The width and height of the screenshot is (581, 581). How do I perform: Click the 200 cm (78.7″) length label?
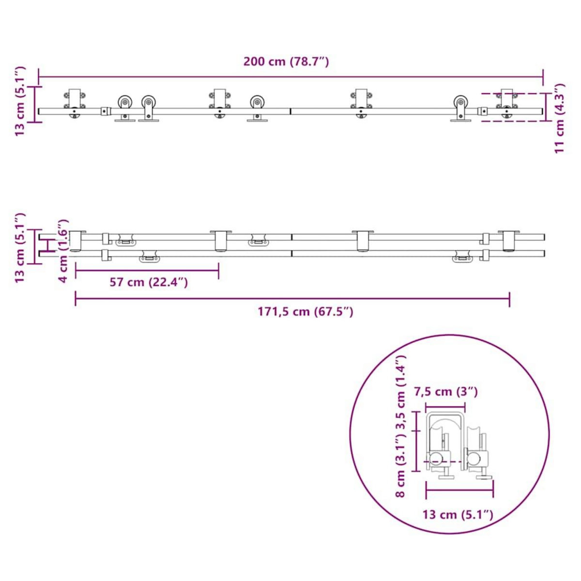[286, 61]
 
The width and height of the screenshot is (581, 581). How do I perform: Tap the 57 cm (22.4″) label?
[148, 282]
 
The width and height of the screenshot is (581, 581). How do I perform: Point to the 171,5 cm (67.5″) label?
[305, 311]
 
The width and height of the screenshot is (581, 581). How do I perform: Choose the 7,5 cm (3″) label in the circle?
[445, 391]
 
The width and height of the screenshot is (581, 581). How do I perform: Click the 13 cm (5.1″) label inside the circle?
[458, 514]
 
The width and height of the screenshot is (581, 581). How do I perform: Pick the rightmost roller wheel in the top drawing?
[460, 104]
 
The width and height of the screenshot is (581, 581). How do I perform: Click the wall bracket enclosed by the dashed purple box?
[506, 104]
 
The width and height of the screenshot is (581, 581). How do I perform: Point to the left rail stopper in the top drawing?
[104, 111]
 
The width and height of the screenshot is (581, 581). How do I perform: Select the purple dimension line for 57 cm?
[147, 271]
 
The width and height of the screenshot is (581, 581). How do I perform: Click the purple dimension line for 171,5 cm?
[292, 299]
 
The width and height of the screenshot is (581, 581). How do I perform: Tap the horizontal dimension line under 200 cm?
[290, 76]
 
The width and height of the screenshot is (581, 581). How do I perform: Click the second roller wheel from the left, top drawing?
[149, 104]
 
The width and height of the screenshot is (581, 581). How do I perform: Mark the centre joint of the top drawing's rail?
[290, 111]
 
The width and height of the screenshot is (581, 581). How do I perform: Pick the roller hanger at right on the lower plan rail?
[462, 258]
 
